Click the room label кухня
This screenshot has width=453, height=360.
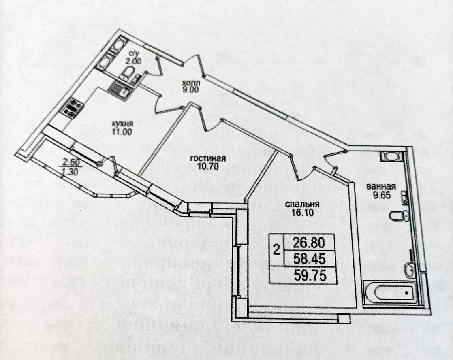pyautogui.click(x=122, y=124)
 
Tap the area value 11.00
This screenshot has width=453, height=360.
pyautogui.click(x=122, y=131)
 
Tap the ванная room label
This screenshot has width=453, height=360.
pyautogui.click(x=380, y=187)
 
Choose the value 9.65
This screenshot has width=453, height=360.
pyautogui.click(x=380, y=194)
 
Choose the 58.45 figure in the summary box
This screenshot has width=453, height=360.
pyautogui.click(x=310, y=258)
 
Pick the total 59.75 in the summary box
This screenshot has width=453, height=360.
pyautogui.click(x=310, y=275)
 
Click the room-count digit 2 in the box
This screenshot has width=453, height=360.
pyautogui.click(x=276, y=250)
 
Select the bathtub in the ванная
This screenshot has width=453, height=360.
pyautogui.click(x=390, y=292)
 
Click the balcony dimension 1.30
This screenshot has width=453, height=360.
pyautogui.click(x=70, y=171)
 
